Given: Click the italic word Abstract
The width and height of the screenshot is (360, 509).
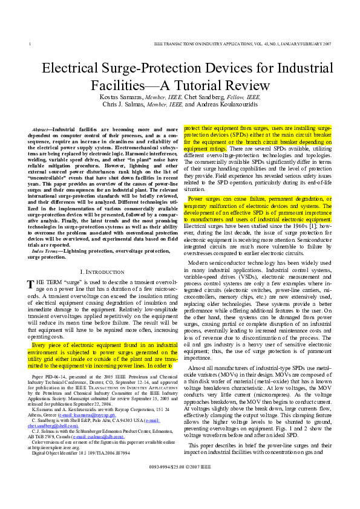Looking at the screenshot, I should click(40, 129).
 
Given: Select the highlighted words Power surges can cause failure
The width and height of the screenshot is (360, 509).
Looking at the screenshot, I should click(227, 198).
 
